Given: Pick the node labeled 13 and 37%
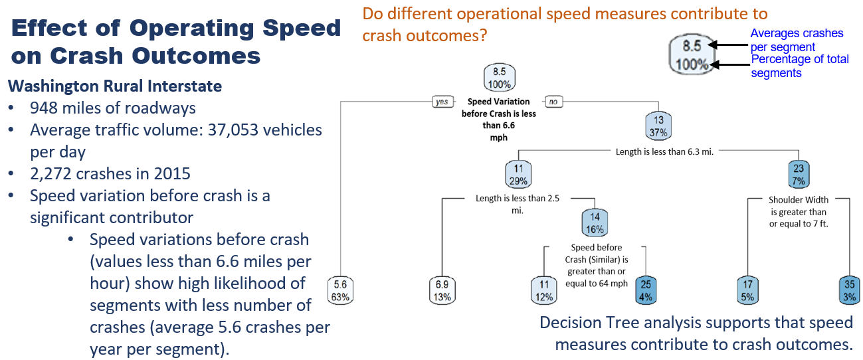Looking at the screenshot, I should point(658,125).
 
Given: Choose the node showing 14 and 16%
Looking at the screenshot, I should point(595,223).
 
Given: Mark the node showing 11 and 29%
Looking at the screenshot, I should point(518,175).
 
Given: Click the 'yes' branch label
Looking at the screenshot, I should point(441,102).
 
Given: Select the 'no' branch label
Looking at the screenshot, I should point(553,102).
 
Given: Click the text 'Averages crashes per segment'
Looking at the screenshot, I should point(797,40).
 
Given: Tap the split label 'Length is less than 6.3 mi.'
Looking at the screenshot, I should point(665,151).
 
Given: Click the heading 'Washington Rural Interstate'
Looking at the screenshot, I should point(114,86).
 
